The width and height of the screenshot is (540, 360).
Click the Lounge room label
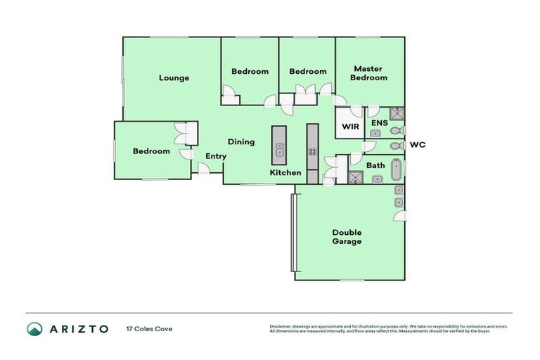tap(174, 78)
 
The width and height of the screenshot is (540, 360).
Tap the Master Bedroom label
tap(370, 73)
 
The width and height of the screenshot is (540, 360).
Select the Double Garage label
tap(347, 237)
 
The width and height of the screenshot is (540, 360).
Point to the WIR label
tap(349, 127)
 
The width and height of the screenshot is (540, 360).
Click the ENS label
tap(380, 123)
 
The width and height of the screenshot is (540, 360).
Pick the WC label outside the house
tap(418, 145)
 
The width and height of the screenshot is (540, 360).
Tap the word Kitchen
tap(286, 173)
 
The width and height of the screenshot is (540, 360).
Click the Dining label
tap(240, 142)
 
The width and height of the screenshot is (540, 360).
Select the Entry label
tap(215, 156)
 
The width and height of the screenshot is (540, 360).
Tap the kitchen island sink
tap(279, 149)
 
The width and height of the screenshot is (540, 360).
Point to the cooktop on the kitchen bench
tap(312, 152)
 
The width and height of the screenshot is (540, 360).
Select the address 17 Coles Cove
tap(148, 328)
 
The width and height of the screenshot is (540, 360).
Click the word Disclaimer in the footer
tap(281, 326)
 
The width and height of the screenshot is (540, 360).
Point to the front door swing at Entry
tap(203, 168)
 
